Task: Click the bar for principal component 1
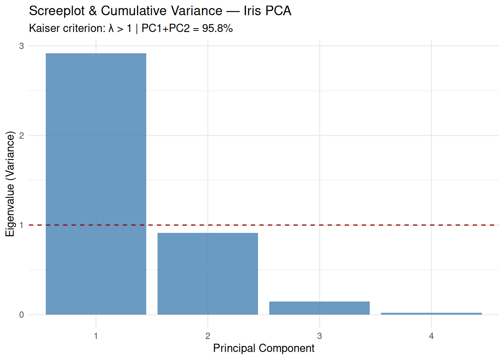[x=96, y=184]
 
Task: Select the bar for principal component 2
[x=208, y=274]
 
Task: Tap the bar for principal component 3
[x=319, y=308]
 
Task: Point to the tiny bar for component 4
[x=431, y=313]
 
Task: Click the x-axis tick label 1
[x=96, y=336]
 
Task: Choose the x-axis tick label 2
[x=208, y=336]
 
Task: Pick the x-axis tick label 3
[x=319, y=336]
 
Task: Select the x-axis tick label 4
[x=431, y=336]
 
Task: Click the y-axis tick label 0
[x=21, y=315]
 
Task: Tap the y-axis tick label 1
[x=21, y=225]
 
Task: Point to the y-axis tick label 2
[x=21, y=135]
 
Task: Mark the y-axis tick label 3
[x=21, y=46]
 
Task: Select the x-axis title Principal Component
[x=264, y=348]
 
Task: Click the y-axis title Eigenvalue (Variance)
[x=10, y=184]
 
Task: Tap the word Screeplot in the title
[x=57, y=11]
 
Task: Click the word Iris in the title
[x=252, y=11]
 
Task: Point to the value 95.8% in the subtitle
[x=217, y=28]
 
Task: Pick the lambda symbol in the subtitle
[x=111, y=28]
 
